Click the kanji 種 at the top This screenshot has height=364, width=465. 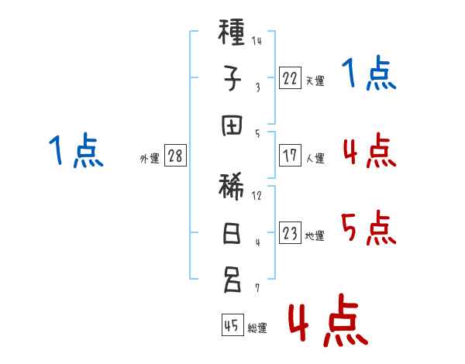(231, 32)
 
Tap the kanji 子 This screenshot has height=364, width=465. (232, 78)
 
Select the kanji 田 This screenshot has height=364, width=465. (232, 125)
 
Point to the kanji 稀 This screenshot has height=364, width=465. (231, 187)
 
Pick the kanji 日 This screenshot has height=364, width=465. (232, 233)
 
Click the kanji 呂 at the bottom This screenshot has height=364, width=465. (232, 280)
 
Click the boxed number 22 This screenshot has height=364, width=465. (290, 78)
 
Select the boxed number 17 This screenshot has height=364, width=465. (290, 156)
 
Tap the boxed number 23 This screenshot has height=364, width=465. (290, 233)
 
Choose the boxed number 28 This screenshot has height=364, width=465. (175, 156)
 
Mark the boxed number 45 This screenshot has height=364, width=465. (232, 325)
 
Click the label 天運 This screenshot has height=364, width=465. (315, 81)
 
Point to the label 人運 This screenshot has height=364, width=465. (315, 158)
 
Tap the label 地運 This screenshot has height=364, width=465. (315, 235)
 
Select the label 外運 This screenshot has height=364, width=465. (150, 159)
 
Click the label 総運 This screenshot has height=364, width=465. (257, 328)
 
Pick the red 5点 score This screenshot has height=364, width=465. (368, 228)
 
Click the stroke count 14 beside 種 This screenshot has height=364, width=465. (257, 40)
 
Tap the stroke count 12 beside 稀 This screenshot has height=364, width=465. (257, 196)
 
